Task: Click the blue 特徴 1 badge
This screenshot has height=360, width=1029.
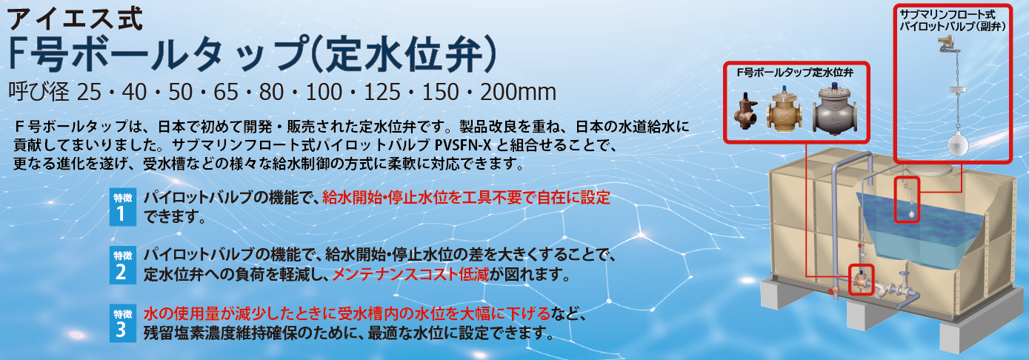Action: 123,207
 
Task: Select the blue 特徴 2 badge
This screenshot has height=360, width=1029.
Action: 123,264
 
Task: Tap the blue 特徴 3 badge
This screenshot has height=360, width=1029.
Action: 123,323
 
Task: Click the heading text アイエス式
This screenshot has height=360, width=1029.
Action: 76,19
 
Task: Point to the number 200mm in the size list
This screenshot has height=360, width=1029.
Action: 518,92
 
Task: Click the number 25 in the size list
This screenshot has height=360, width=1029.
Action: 89,92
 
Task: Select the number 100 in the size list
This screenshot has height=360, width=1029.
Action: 324,92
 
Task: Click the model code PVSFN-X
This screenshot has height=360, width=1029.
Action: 462,145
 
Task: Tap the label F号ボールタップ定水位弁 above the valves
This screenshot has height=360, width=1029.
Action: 795,73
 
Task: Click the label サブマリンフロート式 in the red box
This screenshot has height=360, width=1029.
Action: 948,15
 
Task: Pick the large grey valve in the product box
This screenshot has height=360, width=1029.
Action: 835,110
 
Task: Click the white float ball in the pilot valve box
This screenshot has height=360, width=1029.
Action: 958,143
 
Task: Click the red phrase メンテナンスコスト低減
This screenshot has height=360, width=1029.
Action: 410,275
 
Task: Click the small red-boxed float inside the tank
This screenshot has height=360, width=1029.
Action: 908,200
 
